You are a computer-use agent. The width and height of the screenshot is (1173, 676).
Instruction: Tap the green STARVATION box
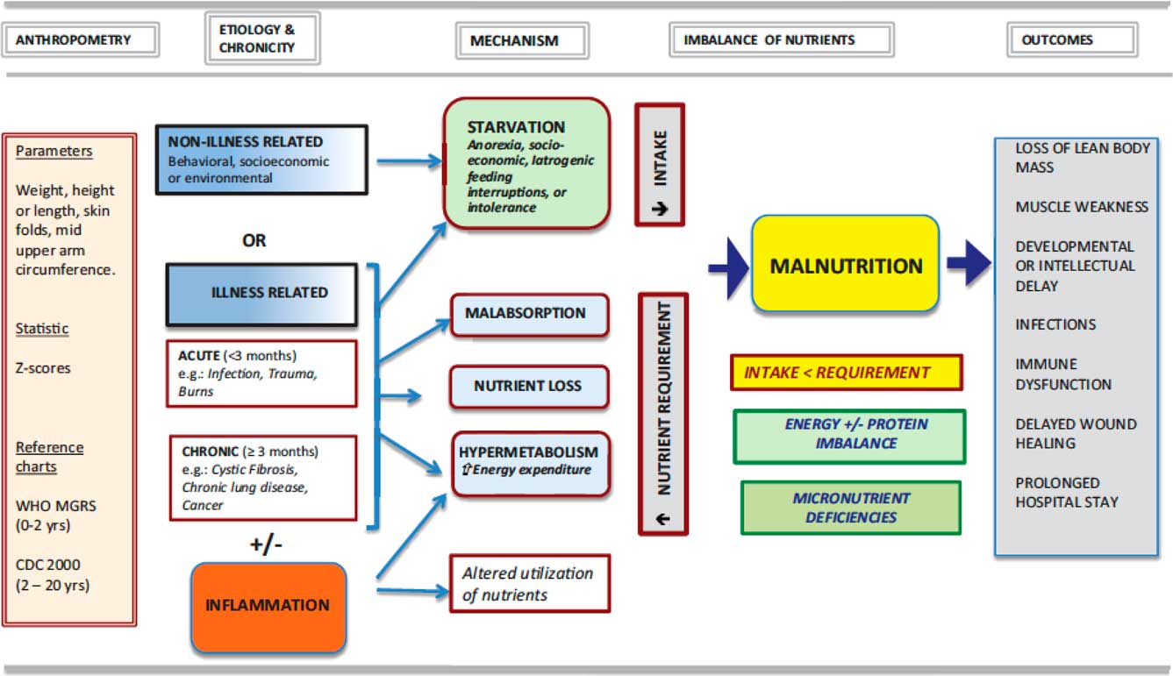526,164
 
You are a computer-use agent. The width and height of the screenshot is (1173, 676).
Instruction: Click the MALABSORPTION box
529,314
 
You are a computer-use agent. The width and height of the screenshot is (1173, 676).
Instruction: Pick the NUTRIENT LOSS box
529,387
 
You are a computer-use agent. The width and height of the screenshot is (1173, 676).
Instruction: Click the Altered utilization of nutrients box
529,583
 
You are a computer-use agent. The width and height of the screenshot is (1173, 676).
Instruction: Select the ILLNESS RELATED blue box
261,294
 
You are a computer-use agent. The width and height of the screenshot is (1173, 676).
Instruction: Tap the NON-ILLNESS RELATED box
261,159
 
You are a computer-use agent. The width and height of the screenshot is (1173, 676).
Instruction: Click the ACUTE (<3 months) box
261,374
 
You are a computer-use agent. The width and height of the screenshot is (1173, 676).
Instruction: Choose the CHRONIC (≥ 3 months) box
261,478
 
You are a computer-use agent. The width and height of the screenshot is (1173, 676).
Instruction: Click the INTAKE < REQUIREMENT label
846,373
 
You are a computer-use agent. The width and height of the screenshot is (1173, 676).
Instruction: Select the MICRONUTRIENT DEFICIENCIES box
851,508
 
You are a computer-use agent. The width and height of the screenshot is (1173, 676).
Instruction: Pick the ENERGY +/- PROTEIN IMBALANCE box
849,435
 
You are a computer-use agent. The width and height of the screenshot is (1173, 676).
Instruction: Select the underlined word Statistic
42,329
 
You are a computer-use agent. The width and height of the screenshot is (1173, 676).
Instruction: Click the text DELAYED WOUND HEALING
1076,434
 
